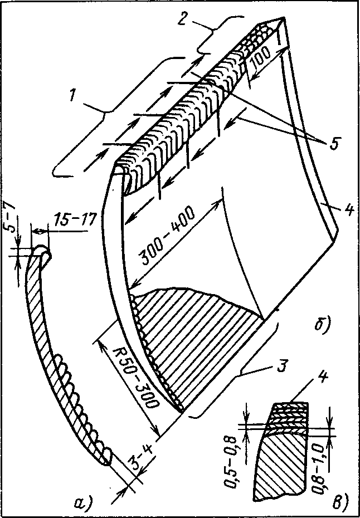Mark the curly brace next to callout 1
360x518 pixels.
point(118,115)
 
